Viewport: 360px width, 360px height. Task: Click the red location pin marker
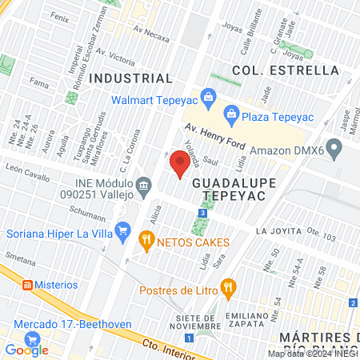pyautogui.click(x=180, y=162)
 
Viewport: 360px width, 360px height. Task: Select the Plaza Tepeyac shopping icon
pyautogui.click(x=230, y=113)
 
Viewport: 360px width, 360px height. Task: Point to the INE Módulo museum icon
pyautogui.click(x=144, y=186)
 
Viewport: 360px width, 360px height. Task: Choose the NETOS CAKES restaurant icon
pyautogui.click(x=146, y=238)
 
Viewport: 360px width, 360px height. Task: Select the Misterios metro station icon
pyautogui.click(x=27, y=284)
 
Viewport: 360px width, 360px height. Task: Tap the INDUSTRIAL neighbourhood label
pyautogui.click(x=131, y=78)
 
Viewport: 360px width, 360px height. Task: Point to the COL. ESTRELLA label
pyautogui.click(x=286, y=70)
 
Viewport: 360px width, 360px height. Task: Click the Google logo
pyautogui.click(x=26, y=350)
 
